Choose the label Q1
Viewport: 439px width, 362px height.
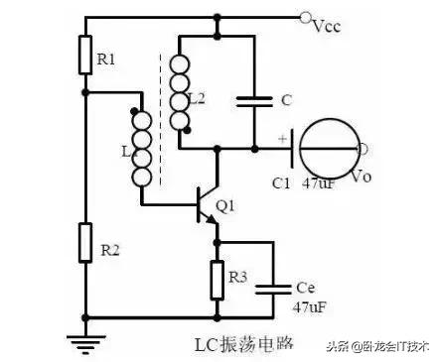point(225,206)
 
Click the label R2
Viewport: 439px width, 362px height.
point(108,250)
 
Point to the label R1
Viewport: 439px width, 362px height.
point(106,60)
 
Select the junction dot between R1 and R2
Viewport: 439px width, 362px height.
point(86,92)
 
